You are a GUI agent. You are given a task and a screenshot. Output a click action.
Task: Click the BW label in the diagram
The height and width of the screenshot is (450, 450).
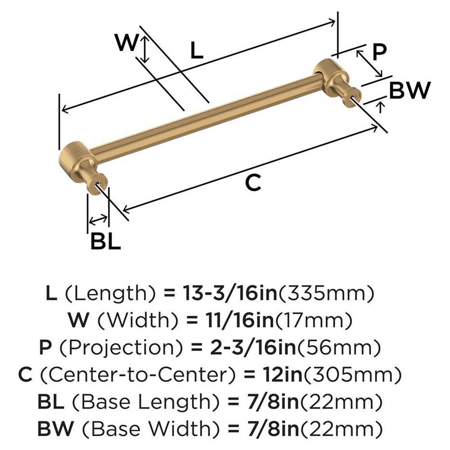click(409, 91)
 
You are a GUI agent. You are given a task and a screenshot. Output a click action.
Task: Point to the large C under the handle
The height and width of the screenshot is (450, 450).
click(253, 182)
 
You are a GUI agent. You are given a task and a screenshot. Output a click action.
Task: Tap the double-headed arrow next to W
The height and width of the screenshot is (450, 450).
click(144, 49)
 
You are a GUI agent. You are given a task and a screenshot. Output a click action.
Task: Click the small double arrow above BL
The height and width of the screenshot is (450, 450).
click(99, 220)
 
